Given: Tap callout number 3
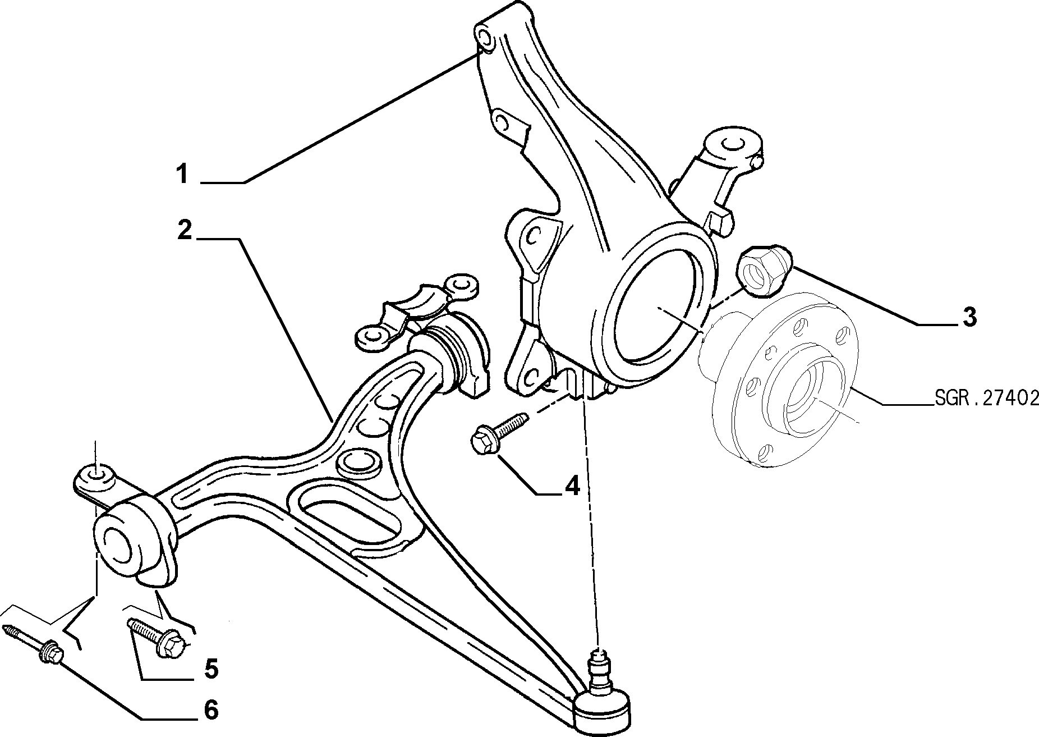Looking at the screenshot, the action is click(x=969, y=317).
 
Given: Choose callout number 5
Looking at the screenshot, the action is click(x=211, y=669).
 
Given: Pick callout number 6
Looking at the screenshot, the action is click(x=210, y=710).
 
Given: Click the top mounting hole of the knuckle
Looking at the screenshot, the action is click(x=485, y=39).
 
